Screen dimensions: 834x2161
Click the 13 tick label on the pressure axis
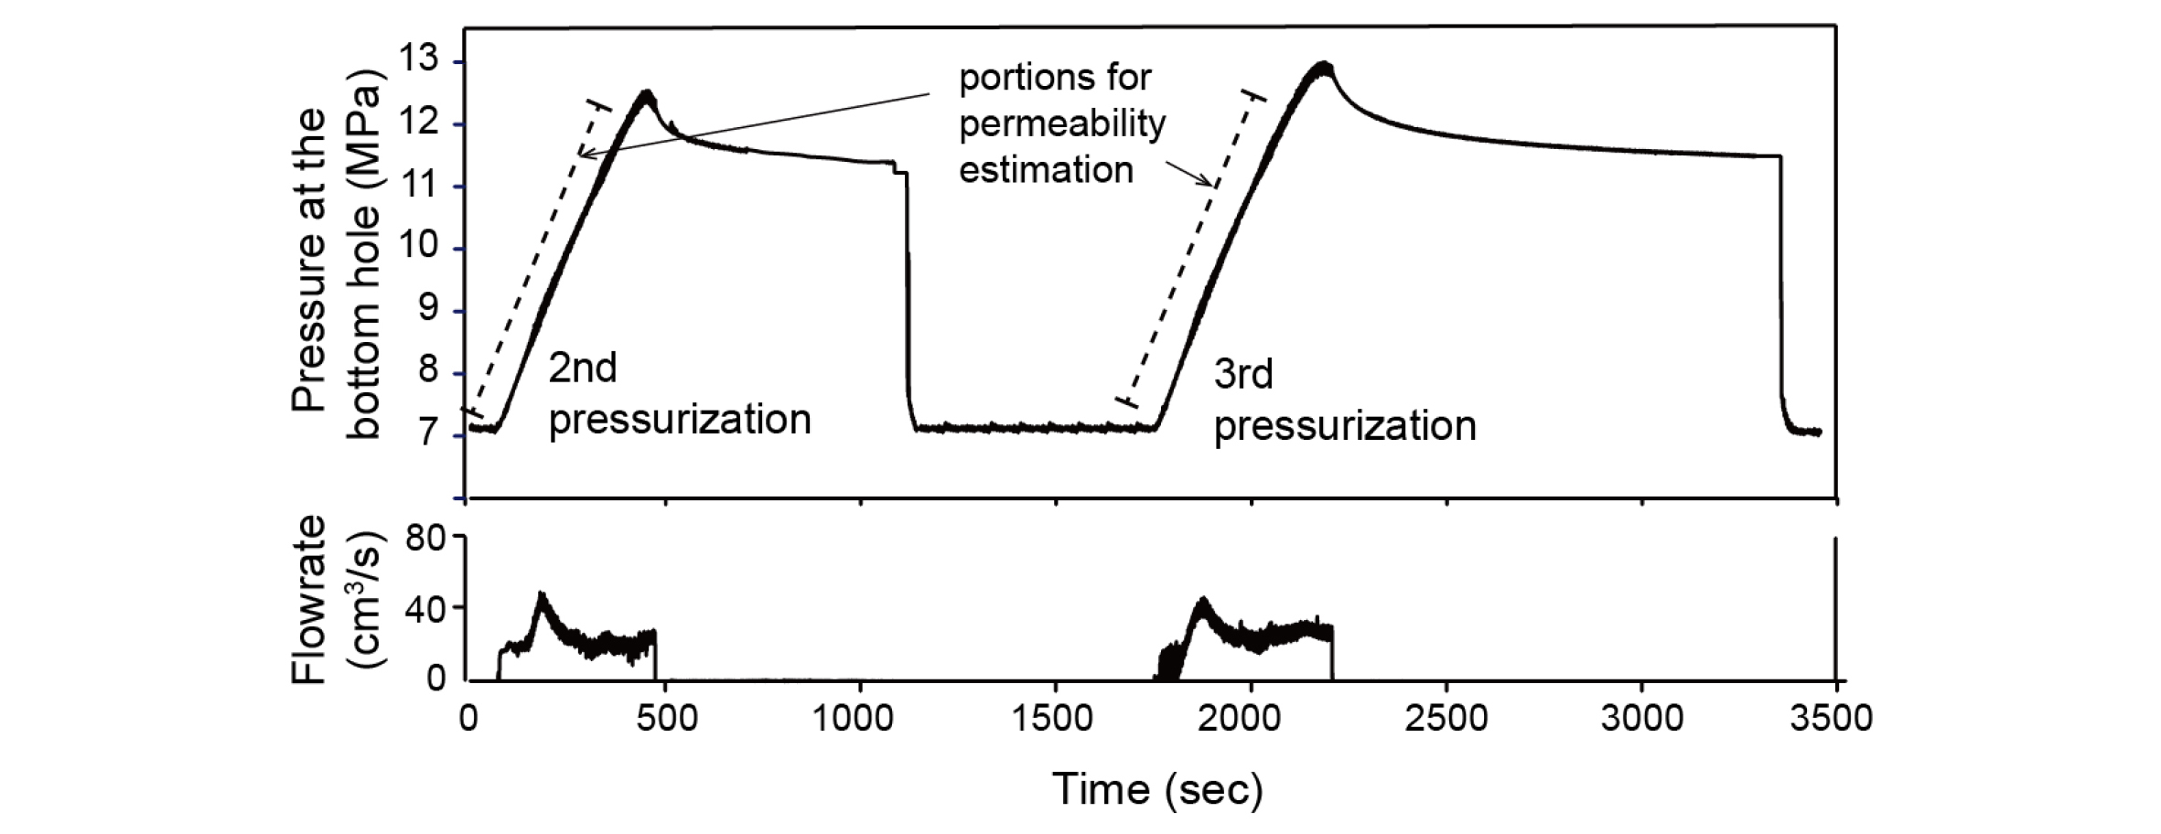click(419, 61)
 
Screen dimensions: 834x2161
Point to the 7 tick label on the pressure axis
click(426, 433)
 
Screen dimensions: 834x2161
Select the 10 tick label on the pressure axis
click(419, 248)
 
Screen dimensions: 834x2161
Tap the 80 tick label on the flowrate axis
click(424, 539)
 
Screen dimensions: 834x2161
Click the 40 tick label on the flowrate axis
click(424, 607)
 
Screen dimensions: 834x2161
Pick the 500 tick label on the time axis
click(665, 718)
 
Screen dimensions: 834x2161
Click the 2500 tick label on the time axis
click(1446, 718)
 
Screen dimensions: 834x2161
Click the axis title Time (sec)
click(1157, 789)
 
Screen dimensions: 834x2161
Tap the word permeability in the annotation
click(1062, 124)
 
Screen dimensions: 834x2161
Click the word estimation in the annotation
click(1046, 170)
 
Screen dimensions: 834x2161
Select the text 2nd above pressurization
click(583, 369)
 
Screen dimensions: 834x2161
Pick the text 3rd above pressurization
click(1243, 375)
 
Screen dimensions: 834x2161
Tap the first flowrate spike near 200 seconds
click(542, 595)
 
